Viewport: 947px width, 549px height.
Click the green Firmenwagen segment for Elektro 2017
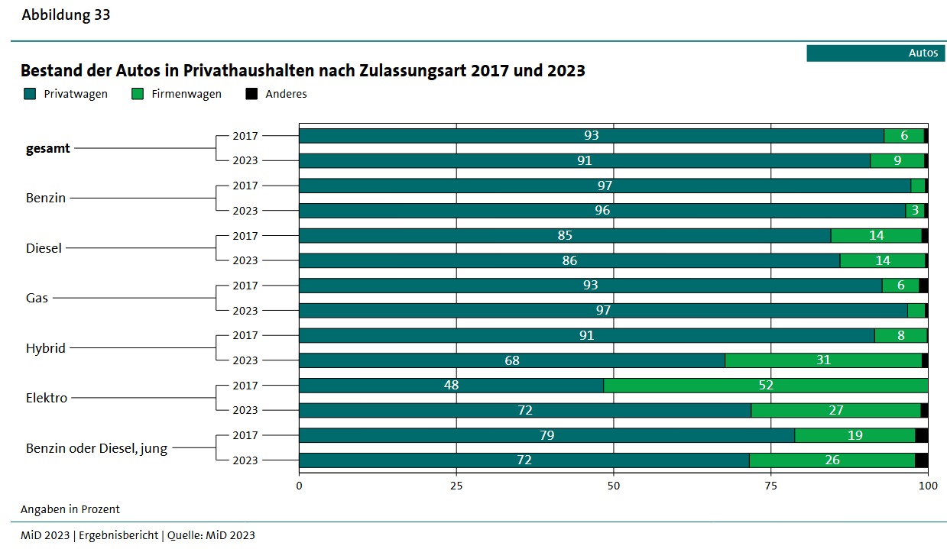pos(765,386)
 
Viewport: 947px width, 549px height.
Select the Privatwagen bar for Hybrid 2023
pos(511,360)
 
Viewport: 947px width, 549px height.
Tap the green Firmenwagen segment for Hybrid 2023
pos(823,360)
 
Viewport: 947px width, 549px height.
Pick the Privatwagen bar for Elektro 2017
pos(451,386)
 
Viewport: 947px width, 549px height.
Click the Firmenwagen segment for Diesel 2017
pos(876,236)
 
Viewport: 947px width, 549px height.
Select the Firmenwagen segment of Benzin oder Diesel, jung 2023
pos(832,460)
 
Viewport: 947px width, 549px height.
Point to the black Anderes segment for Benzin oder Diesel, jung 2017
pos(921,435)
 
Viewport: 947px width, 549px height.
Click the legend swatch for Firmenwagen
pos(138,94)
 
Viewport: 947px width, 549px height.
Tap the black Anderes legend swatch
pos(251,94)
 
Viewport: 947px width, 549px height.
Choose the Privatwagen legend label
pos(76,94)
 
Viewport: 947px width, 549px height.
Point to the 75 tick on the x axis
pos(770,485)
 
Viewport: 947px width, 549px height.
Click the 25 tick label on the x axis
pos(456,485)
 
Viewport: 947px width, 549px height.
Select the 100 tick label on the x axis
pos(927,485)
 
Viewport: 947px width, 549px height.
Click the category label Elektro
pos(47,398)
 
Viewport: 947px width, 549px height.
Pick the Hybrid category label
pos(46,348)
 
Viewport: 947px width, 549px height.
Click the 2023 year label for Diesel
pos(245,260)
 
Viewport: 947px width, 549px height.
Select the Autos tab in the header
pos(875,53)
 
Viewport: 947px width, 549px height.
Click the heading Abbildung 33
pos(66,15)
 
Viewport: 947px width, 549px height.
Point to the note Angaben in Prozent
pos(70,509)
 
